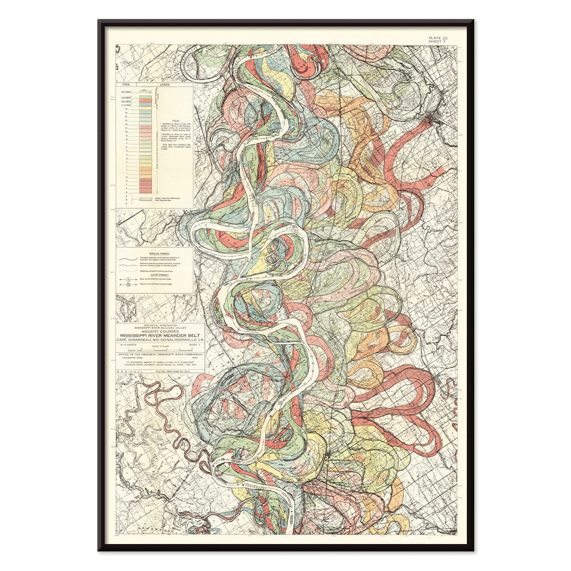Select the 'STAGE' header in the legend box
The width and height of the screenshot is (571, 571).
pos(126,84)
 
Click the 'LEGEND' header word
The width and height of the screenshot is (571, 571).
pos(159,84)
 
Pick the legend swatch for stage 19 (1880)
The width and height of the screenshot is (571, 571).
pos(145,98)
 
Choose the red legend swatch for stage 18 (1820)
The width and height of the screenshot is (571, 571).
pos(145,102)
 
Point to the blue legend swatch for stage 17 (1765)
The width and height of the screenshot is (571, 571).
pos(145,106)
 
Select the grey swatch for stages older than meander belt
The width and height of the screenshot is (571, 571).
pos(145,199)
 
